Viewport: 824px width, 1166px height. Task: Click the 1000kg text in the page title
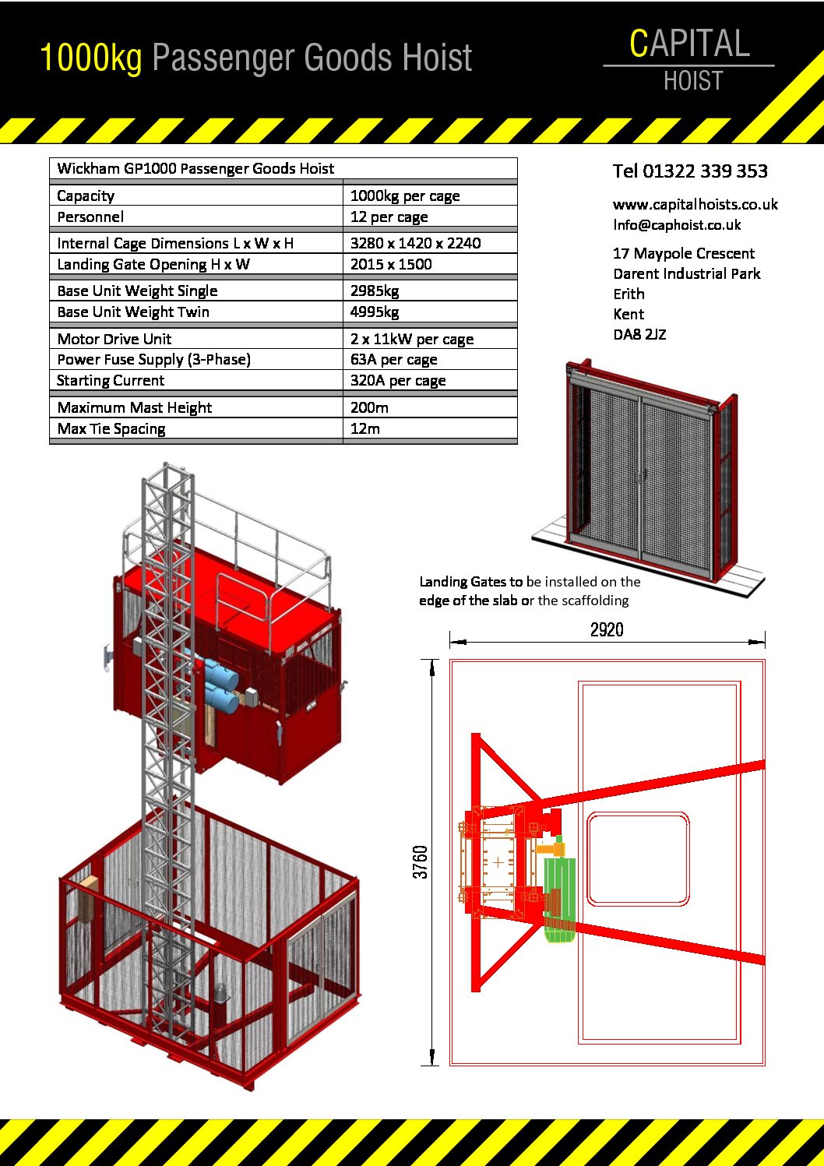click(90, 58)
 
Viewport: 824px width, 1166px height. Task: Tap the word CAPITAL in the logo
click(689, 44)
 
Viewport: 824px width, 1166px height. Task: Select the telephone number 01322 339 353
click(705, 171)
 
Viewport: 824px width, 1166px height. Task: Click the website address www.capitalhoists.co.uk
click(695, 205)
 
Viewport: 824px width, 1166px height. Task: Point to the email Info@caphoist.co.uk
click(676, 225)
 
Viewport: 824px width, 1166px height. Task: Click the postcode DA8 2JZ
click(639, 335)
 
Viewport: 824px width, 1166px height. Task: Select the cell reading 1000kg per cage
click(405, 196)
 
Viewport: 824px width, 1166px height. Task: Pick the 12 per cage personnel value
click(389, 217)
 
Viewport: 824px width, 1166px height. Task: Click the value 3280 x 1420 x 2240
click(415, 243)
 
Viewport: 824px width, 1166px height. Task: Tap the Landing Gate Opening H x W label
click(153, 264)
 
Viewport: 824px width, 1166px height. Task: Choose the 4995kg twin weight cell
click(375, 312)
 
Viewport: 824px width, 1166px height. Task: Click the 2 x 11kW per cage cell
click(411, 339)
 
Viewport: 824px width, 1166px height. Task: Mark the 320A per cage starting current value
click(397, 380)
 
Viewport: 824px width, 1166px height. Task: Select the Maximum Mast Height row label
click(134, 407)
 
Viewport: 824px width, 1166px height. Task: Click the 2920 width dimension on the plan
click(606, 629)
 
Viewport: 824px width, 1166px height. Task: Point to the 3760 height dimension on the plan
click(421, 861)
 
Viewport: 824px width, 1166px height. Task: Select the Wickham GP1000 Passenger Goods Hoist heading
click(195, 168)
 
